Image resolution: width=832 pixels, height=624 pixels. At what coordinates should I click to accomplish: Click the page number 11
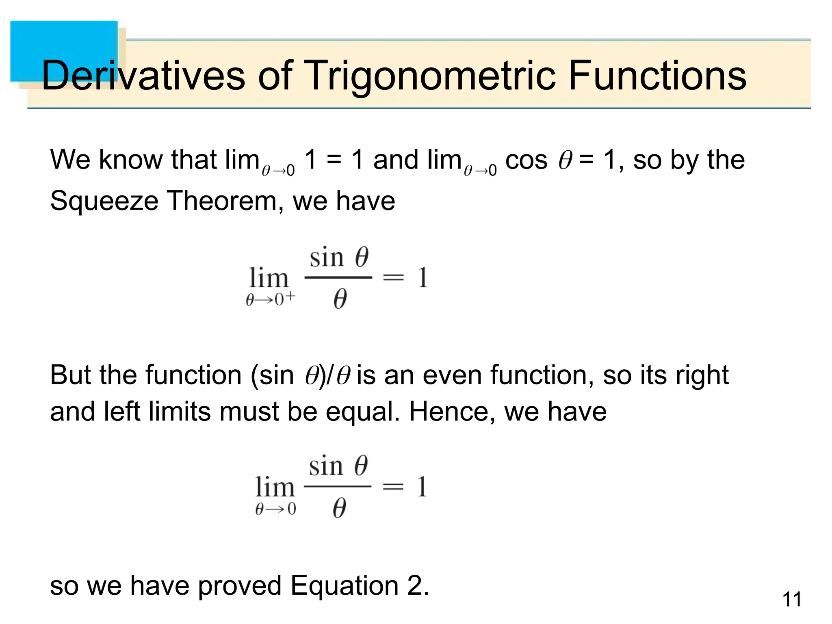(x=792, y=600)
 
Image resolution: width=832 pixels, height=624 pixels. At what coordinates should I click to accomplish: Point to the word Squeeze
(x=104, y=201)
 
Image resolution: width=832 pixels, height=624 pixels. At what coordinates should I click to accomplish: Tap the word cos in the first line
(x=526, y=160)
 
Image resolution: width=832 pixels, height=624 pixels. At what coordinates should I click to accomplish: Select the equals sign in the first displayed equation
(x=393, y=278)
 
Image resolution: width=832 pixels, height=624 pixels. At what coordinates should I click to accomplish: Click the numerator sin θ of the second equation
(x=338, y=466)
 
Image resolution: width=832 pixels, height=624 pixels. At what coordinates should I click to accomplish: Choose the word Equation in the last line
(x=344, y=586)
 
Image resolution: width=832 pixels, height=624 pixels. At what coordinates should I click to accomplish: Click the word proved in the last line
(x=240, y=586)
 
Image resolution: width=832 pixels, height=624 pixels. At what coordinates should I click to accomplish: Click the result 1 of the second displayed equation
(x=422, y=486)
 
